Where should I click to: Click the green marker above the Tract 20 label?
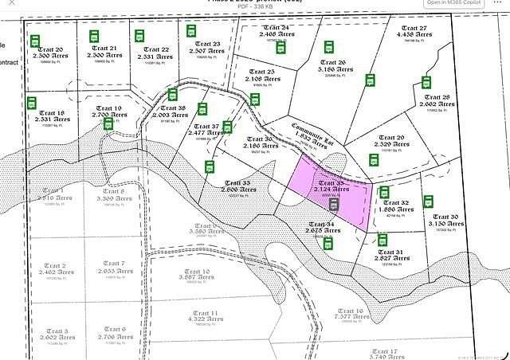click(x=35, y=41)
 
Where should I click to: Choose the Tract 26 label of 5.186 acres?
click(x=331, y=63)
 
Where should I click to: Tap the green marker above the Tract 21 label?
click(x=94, y=37)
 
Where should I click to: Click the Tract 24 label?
click(x=275, y=28)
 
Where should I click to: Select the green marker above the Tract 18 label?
click(x=33, y=103)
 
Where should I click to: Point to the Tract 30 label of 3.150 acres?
click(x=443, y=217)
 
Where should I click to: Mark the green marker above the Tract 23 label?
click(x=191, y=30)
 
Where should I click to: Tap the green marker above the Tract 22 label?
click(x=139, y=36)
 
